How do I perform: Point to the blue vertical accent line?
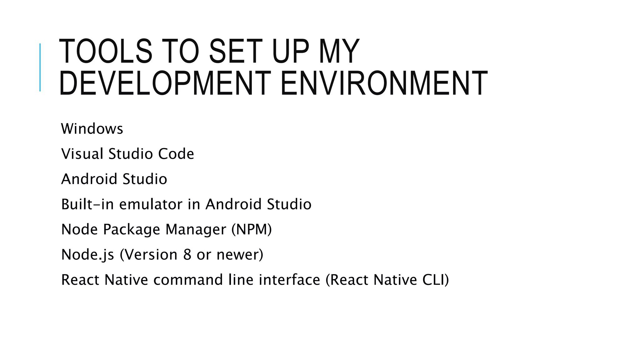(x=40, y=67)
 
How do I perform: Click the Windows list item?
(x=92, y=129)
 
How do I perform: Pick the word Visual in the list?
(x=82, y=154)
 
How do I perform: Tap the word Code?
(x=176, y=154)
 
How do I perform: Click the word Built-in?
(x=86, y=204)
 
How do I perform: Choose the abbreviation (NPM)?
(x=252, y=230)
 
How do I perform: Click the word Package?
(x=132, y=230)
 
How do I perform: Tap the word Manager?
(x=196, y=230)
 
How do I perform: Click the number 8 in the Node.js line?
(x=187, y=255)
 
